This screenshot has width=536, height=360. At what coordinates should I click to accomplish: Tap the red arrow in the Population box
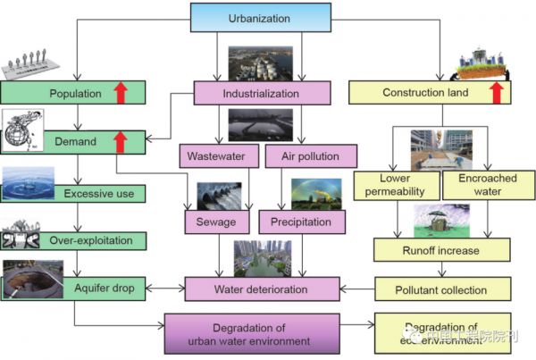coord(120,91)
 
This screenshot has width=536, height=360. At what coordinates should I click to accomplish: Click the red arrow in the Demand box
coord(120,141)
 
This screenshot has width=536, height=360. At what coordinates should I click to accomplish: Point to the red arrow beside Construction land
coord(498,91)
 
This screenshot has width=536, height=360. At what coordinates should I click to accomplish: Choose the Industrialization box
coord(260,91)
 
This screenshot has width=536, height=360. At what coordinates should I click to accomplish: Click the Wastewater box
coord(216,156)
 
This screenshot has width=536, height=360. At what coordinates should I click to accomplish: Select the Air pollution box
coord(303,156)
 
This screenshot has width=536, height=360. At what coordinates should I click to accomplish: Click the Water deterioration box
coord(262,289)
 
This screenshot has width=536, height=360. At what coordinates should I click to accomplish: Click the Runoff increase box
coord(441,249)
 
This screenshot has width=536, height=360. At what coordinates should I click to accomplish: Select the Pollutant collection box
coord(441,289)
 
